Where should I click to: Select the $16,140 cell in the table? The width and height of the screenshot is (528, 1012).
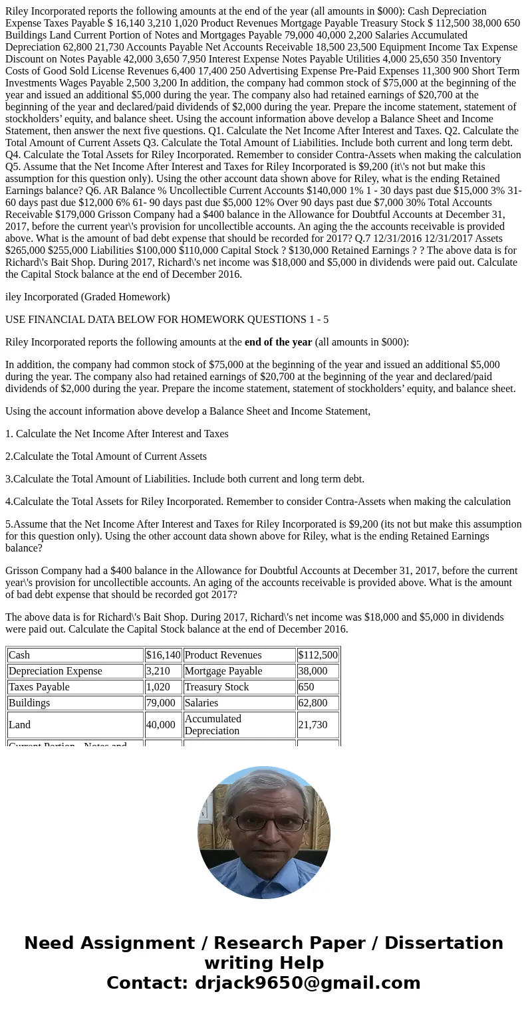(x=163, y=655)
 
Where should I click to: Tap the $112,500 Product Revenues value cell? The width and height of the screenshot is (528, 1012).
(x=318, y=655)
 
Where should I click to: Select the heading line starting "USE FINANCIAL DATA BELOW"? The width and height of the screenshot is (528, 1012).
(x=167, y=320)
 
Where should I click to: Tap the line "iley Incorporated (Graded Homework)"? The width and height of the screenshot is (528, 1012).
(x=88, y=297)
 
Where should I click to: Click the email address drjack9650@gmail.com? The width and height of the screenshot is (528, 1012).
(x=307, y=983)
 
